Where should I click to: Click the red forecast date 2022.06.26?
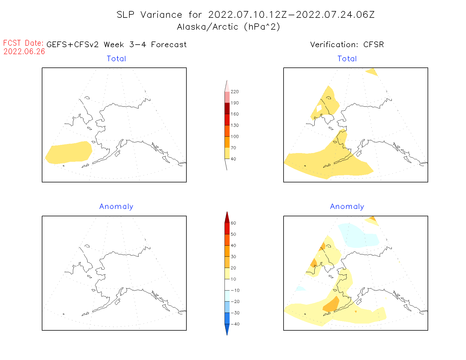tap(24, 51)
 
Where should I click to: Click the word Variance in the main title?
tap(161, 15)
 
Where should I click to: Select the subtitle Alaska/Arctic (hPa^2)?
tap(228, 27)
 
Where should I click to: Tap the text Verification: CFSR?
tap(347, 45)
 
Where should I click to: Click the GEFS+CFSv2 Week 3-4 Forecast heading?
tap(116, 45)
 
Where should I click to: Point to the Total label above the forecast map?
tap(116, 59)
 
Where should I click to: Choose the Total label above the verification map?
tap(347, 59)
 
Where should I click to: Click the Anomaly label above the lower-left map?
tap(116, 207)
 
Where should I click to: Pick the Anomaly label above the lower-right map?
tap(347, 207)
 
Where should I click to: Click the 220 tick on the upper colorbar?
tap(234, 92)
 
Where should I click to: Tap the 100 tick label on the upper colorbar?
tap(234, 137)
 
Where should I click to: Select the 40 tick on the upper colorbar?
tap(233, 159)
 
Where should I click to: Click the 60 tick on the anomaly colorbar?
tap(233, 223)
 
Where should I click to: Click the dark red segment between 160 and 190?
tap(227, 108)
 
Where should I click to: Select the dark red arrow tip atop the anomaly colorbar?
tap(227, 217)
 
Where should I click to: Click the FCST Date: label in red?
tap(23, 43)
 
